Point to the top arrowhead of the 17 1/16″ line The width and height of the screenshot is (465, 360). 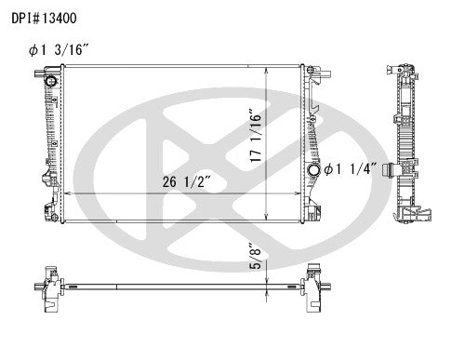(268, 70)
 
